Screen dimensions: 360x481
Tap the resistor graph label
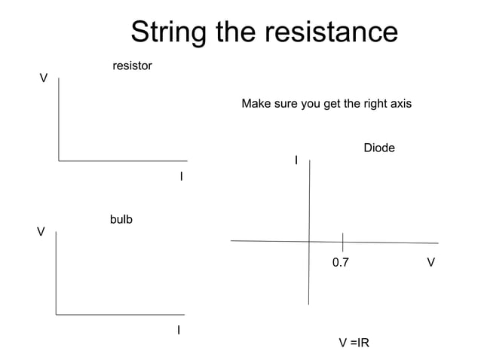[132, 66]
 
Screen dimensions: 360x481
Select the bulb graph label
[121, 220]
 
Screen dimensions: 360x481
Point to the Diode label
[379, 148]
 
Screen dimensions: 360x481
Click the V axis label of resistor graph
[44, 78]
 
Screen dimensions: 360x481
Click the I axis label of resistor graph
[181, 176]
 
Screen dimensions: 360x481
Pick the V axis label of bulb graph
[41, 232]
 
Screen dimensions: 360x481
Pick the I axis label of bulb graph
[179, 330]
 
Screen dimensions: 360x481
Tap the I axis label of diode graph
[296, 160]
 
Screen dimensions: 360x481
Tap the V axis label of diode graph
[430, 263]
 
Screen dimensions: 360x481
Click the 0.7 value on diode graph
[341, 263]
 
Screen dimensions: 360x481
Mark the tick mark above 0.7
[343, 242]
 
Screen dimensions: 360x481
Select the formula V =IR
[354, 343]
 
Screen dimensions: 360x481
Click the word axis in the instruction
[400, 103]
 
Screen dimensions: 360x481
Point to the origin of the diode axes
[309, 241]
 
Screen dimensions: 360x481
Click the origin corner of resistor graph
[59, 160]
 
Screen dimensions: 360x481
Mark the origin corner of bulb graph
[56, 314]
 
